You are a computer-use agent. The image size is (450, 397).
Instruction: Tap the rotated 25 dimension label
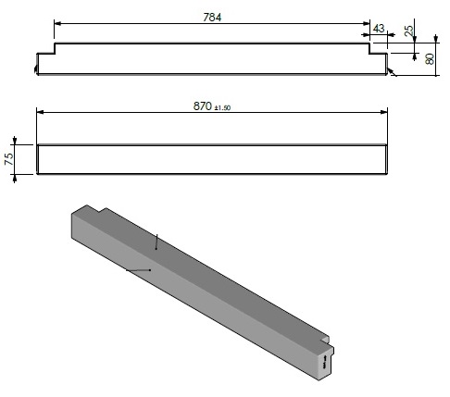(x=408, y=31)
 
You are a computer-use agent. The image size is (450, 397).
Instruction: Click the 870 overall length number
(x=203, y=105)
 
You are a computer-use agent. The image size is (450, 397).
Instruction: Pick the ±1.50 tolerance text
(x=222, y=107)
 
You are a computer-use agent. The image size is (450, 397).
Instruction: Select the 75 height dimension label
(x=8, y=158)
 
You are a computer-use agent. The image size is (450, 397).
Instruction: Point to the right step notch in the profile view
(x=378, y=50)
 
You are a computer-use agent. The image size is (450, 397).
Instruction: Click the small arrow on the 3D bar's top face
(x=157, y=242)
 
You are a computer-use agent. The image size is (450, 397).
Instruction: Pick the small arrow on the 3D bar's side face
(x=138, y=269)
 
